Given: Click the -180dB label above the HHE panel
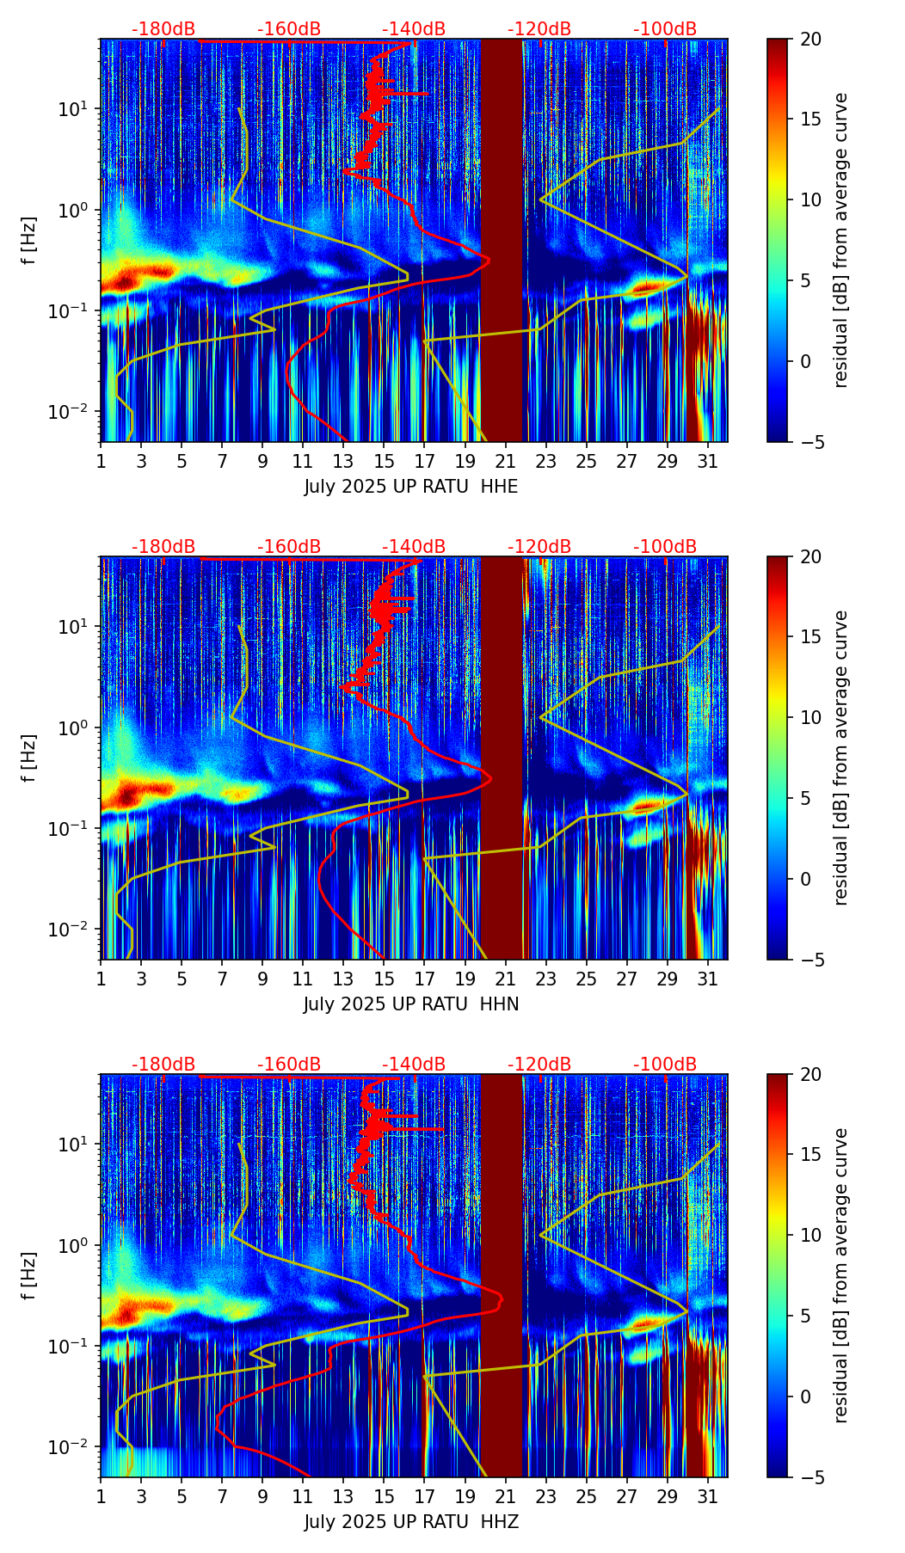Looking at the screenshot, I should (x=163, y=29).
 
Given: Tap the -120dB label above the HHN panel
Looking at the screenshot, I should (x=539, y=547).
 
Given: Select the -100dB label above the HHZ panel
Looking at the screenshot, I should (x=665, y=1065).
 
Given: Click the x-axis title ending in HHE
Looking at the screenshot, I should (x=411, y=487).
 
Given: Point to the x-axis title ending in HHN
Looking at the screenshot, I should (x=411, y=1004).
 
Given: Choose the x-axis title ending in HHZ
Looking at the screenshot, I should (x=411, y=1522).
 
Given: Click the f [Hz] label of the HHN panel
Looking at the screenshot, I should (x=29, y=758).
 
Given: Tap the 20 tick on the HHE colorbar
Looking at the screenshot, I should (x=810, y=40).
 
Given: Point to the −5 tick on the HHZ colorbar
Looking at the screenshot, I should (x=810, y=1477).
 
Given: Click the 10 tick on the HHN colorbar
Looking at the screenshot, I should (x=810, y=717).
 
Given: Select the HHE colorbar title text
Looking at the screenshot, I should (x=841, y=240).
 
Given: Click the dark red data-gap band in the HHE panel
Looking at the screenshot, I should (x=502, y=241).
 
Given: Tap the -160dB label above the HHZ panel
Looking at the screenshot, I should (x=289, y=1065).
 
